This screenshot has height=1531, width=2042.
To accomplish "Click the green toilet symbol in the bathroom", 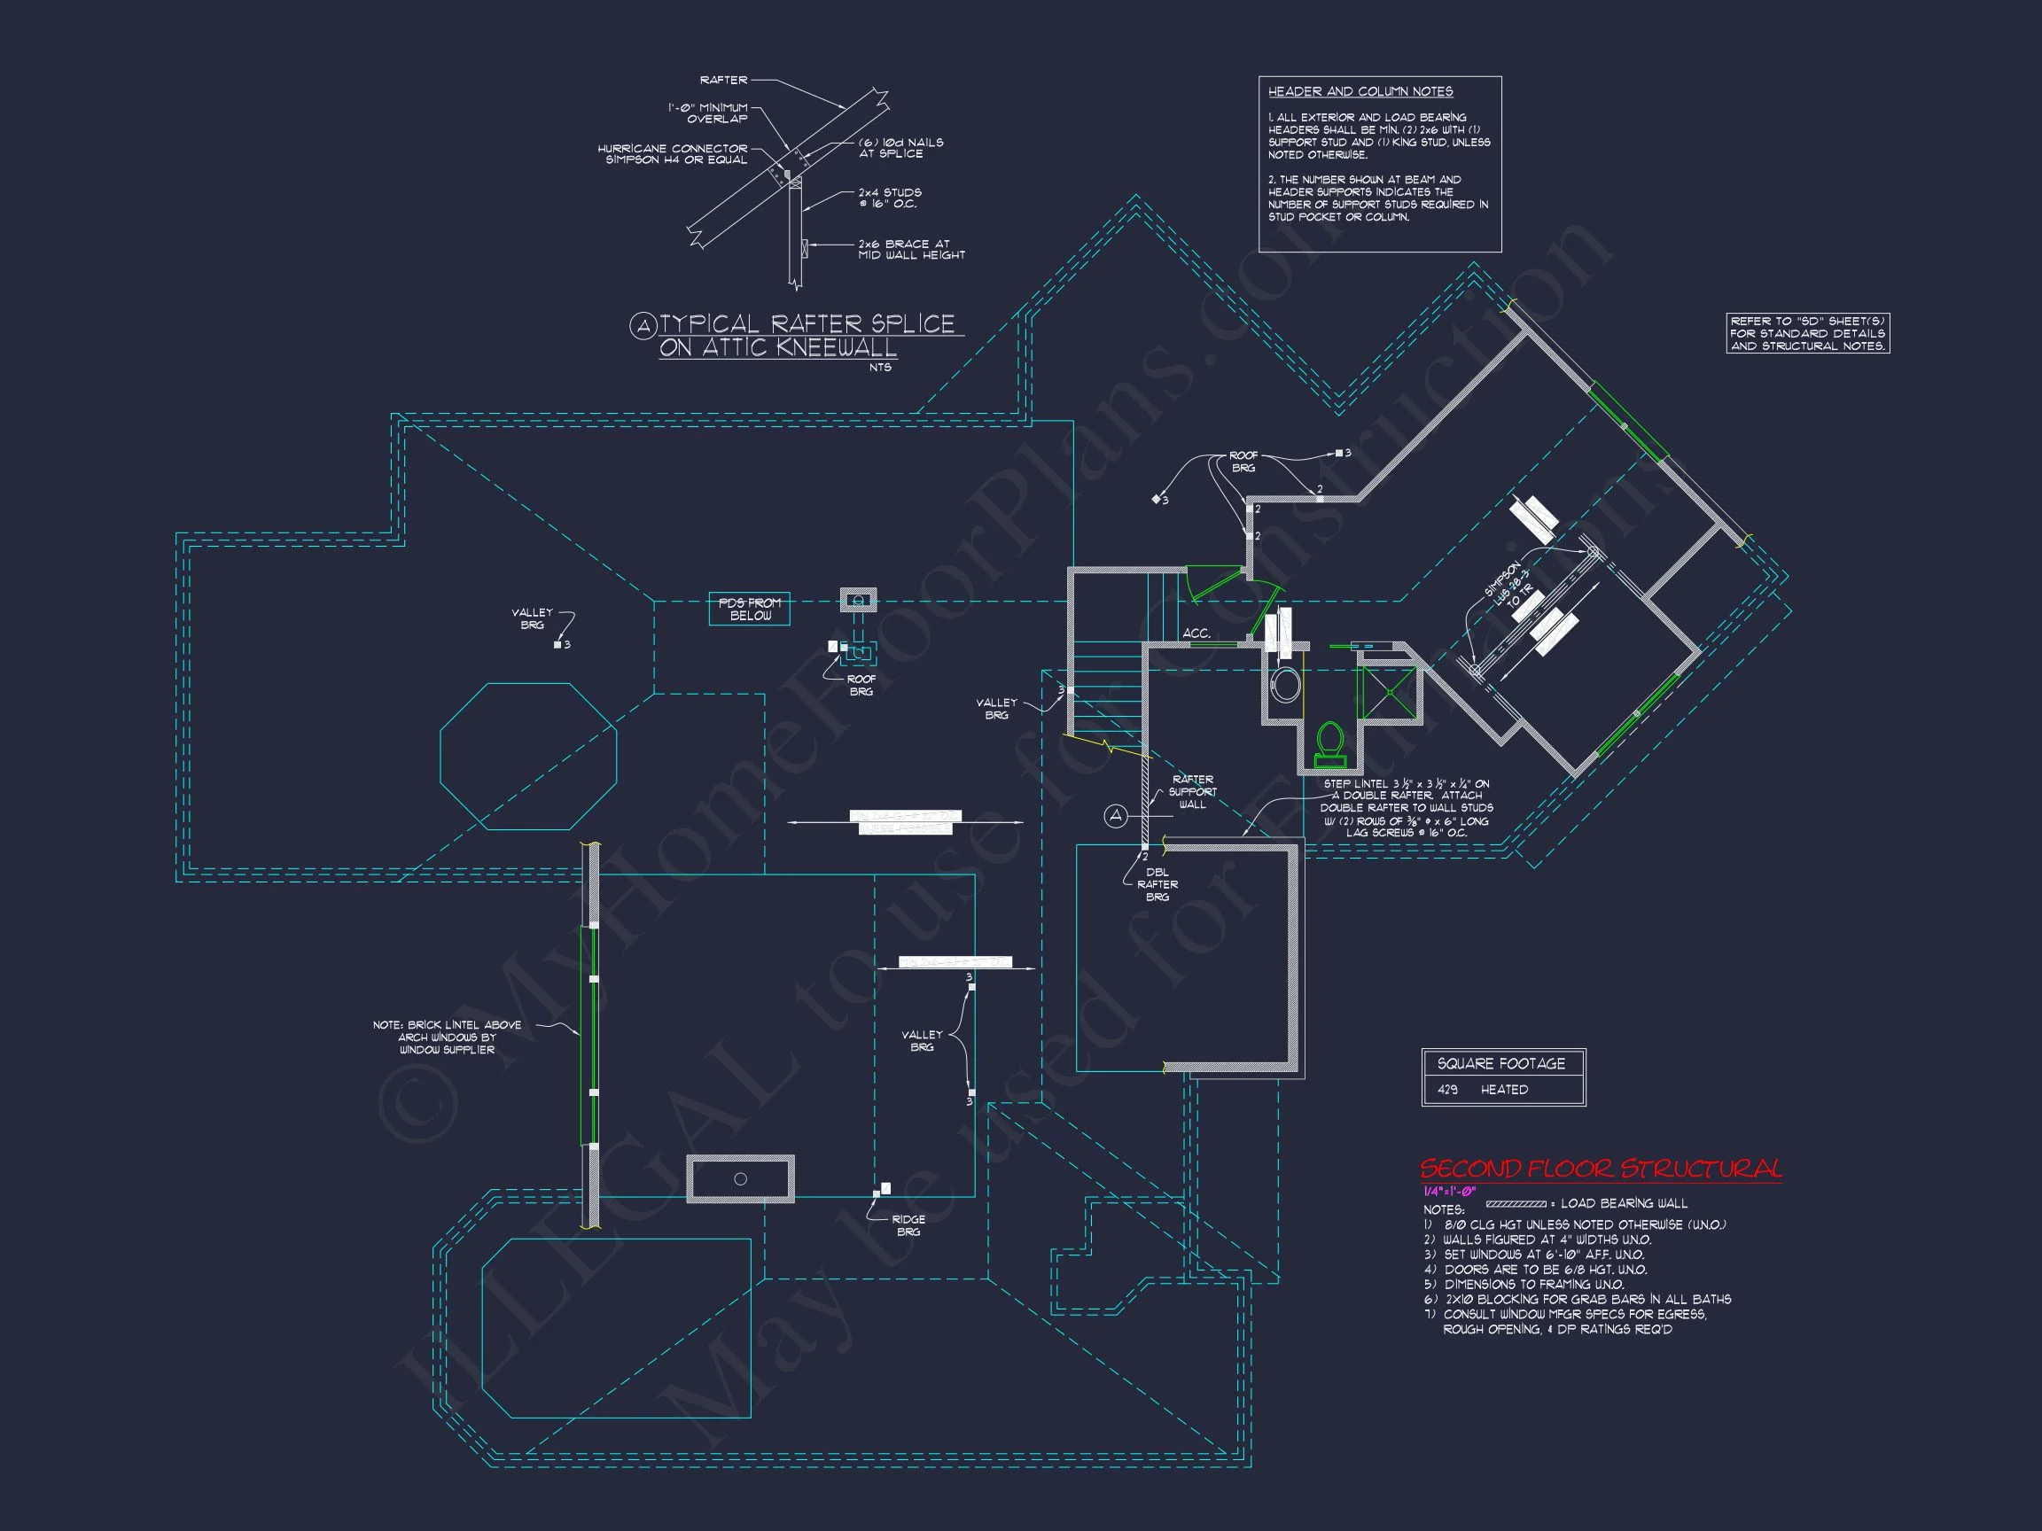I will [1329, 746].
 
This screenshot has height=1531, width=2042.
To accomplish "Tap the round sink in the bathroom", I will [1285, 685].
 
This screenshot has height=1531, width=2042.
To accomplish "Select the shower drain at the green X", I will [1389, 690].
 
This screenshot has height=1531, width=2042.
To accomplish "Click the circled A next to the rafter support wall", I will [1116, 816].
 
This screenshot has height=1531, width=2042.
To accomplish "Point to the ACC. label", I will [1196, 633].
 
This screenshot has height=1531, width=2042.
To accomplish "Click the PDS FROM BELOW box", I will [750, 609].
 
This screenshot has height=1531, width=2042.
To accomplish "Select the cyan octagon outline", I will [528, 757].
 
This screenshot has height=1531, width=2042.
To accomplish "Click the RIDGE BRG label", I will [908, 1225].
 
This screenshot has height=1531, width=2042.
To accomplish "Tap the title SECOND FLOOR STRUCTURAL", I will [1601, 1170].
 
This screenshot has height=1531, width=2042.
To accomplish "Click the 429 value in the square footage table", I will [1447, 1090].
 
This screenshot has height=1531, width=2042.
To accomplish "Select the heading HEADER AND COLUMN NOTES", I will [1360, 91].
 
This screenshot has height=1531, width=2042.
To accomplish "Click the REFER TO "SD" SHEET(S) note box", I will [1807, 333].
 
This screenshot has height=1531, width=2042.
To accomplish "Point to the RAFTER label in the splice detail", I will [724, 81].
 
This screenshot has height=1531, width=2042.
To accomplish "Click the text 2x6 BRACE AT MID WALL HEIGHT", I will [910, 249].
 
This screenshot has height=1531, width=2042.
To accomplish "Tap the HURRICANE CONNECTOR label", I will [672, 153].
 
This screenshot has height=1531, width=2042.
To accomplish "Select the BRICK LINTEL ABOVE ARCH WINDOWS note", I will [447, 1038].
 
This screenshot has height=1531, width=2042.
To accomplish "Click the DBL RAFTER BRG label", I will [1157, 884].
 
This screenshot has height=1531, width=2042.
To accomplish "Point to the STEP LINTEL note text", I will [1406, 807].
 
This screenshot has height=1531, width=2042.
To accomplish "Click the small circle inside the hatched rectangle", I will [740, 1178].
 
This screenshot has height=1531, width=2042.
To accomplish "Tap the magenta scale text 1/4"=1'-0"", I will [1449, 1192].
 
